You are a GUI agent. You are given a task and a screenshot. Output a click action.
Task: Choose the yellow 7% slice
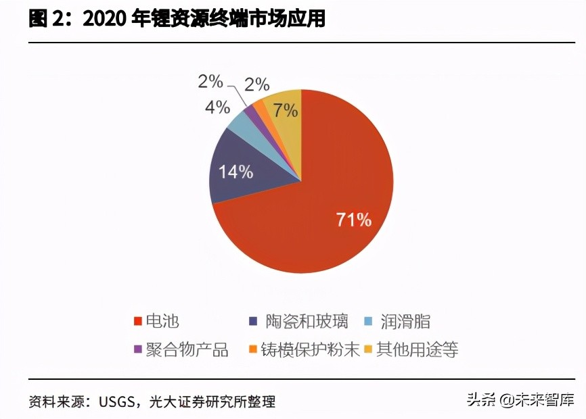click(x=283, y=105)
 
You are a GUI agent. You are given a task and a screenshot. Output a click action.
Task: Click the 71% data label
click(x=354, y=219)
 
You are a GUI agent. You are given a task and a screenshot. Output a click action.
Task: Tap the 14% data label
click(x=235, y=171)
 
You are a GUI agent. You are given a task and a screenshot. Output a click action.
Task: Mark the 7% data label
click(x=284, y=110)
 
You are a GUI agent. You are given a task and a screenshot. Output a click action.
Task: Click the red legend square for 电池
click(x=139, y=322)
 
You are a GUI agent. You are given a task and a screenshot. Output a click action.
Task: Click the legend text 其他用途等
click(x=418, y=349)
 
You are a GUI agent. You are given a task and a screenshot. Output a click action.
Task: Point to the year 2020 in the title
click(x=105, y=20)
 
